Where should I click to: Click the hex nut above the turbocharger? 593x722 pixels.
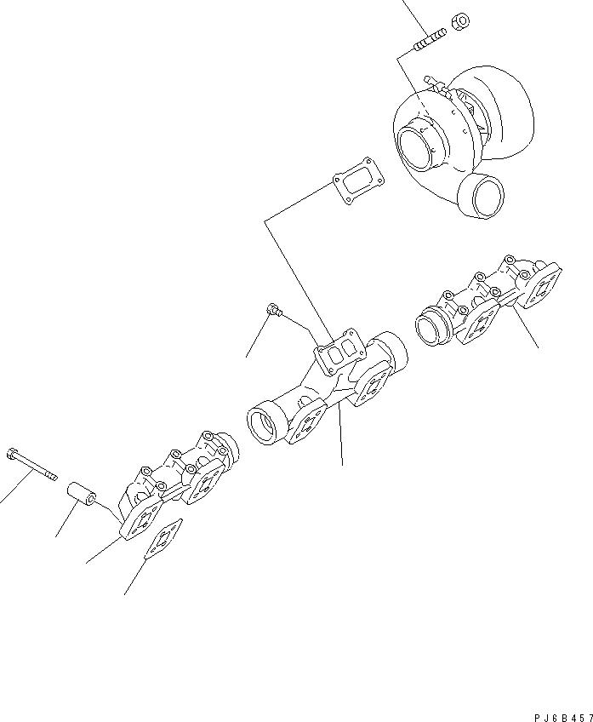[456, 20]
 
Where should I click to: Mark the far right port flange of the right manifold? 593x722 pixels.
[542, 285]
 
